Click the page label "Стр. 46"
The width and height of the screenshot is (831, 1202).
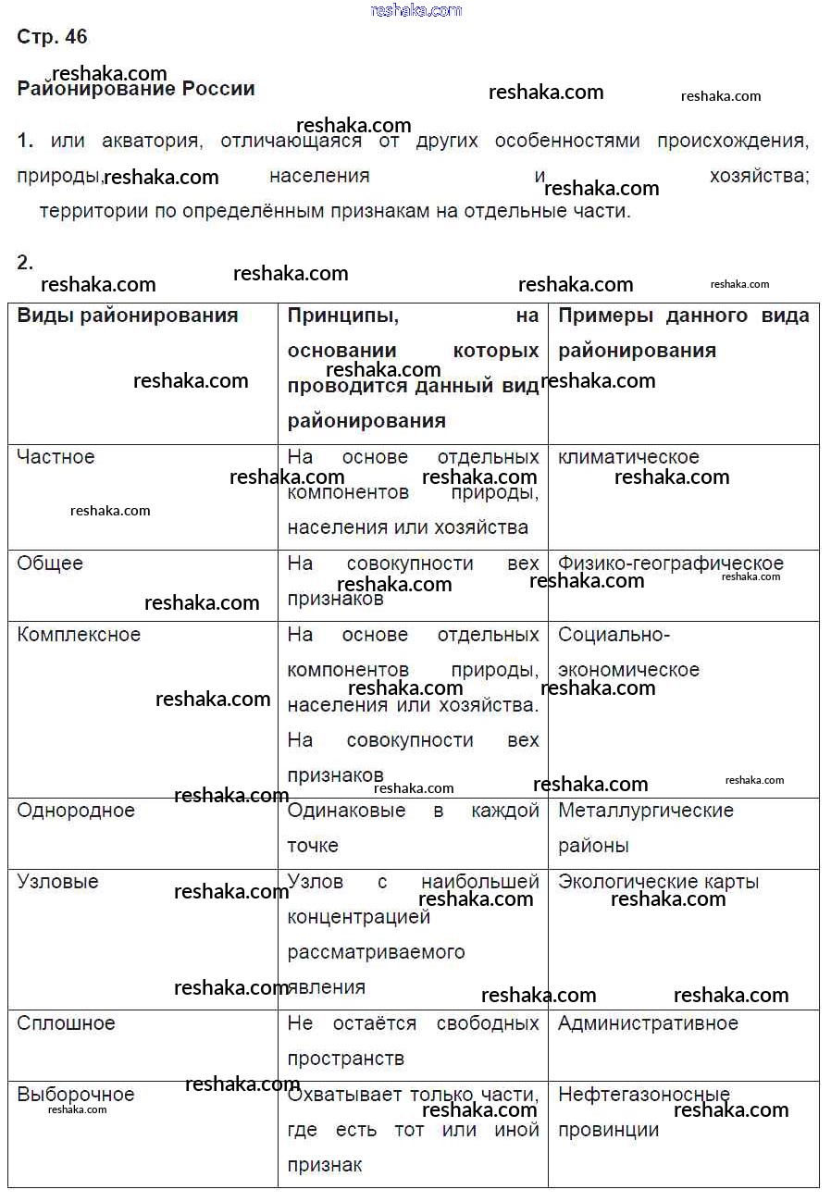click(52, 37)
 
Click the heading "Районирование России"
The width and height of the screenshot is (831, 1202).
click(136, 90)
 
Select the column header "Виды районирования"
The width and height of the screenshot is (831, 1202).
click(128, 316)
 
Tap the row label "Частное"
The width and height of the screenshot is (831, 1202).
click(56, 457)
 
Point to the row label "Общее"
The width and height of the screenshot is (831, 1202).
click(50, 564)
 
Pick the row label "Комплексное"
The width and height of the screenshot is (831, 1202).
click(79, 635)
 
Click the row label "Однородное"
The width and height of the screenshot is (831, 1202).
click(76, 811)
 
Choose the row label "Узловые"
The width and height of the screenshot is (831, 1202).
click(57, 882)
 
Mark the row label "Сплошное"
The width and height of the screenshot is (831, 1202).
click(66, 1023)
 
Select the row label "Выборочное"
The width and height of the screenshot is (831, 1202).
click(76, 1095)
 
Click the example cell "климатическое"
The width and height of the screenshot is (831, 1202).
click(628, 457)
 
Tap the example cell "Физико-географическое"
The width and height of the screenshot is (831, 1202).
click(670, 564)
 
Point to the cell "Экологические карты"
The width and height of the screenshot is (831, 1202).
click(658, 882)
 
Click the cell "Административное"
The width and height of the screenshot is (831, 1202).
click(648, 1023)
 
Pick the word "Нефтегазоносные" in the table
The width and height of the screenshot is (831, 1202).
click(643, 1095)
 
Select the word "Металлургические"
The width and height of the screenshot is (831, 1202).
click(645, 811)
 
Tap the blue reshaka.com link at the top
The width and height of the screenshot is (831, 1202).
click(415, 10)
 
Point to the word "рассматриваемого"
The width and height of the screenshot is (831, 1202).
click(376, 952)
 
